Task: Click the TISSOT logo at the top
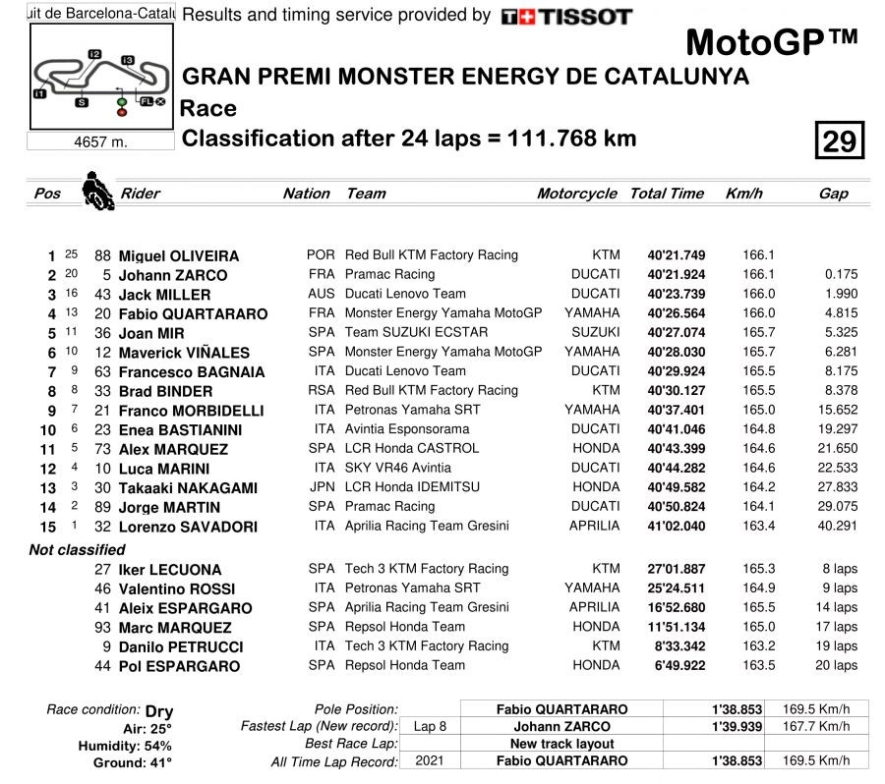(565, 17)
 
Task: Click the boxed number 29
(839, 141)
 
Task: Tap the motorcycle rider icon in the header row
(97, 191)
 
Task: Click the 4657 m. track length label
(101, 141)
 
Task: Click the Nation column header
(306, 194)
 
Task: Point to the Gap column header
(833, 194)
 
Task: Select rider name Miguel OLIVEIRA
(178, 256)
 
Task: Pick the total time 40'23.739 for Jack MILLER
(676, 294)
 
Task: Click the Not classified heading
(77, 550)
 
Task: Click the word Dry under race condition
(158, 711)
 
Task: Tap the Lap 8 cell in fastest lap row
(430, 726)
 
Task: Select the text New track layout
(562, 744)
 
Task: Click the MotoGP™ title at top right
(771, 43)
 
